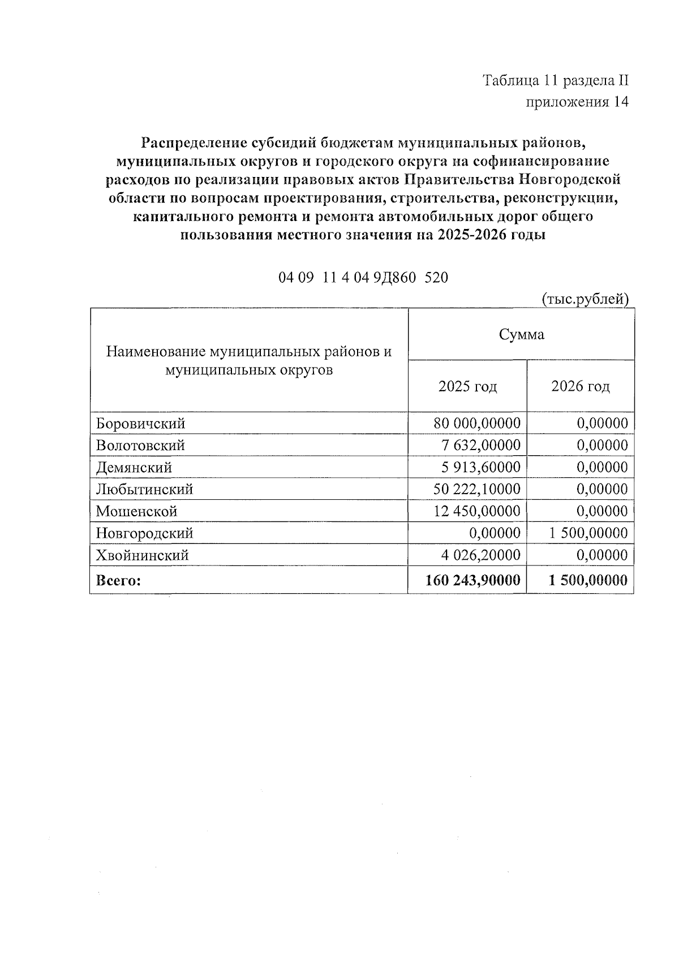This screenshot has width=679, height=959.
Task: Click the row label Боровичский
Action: click(140, 424)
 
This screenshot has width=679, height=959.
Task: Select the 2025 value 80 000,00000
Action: click(476, 424)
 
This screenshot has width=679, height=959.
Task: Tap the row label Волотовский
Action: click(140, 446)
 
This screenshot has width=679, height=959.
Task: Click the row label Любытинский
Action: click(144, 489)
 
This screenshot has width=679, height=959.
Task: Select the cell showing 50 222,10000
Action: click(476, 489)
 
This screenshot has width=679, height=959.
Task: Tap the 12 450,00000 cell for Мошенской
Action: click(476, 511)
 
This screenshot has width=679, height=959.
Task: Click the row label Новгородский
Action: click(144, 533)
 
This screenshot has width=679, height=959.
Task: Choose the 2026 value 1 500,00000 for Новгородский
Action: click(587, 533)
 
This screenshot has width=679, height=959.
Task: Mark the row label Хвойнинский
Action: click(142, 555)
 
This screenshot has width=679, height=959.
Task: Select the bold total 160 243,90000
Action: click(473, 580)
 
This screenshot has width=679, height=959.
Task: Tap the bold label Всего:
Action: click(118, 581)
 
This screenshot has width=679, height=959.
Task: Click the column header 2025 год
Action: click(467, 387)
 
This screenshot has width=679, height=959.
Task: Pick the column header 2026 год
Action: click(581, 387)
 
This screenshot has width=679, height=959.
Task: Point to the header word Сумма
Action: click(521, 335)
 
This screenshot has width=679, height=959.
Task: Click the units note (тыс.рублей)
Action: click(585, 299)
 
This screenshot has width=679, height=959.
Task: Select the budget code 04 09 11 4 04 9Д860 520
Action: click(363, 278)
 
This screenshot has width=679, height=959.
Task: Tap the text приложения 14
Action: click(577, 102)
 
